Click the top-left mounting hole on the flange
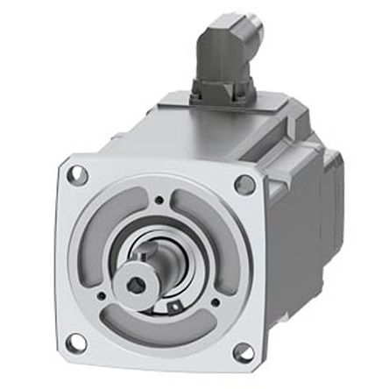(77, 173)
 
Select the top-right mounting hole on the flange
(245, 185)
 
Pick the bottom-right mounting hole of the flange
(242, 352)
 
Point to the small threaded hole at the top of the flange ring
(159, 199)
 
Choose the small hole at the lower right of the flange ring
(213, 303)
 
